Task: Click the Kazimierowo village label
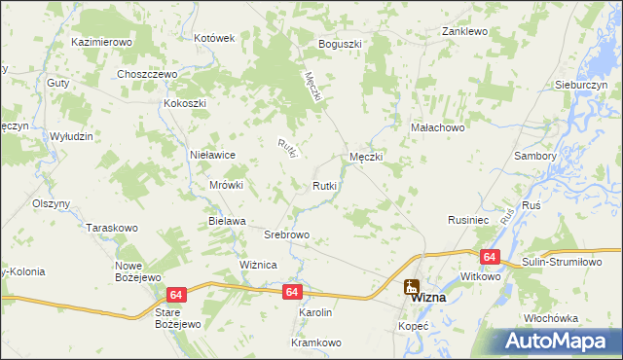101,43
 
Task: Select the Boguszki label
340,44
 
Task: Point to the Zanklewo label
463,31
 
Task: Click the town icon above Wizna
412,287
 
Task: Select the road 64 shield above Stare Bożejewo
176,295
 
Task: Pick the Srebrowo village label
287,235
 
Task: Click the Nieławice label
213,154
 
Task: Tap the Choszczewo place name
145,74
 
